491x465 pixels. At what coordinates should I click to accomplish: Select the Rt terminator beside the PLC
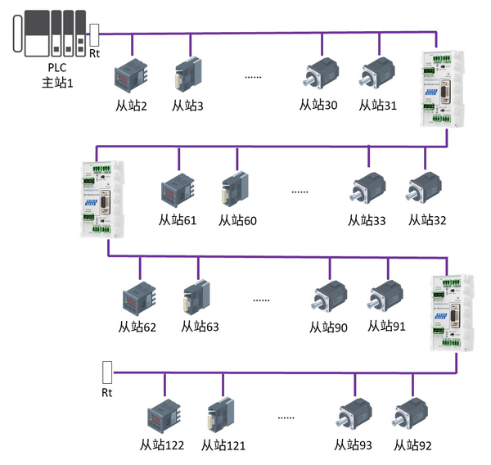[94, 34]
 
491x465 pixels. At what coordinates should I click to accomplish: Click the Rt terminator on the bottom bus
[106, 372]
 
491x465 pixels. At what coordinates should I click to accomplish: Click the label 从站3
[187, 106]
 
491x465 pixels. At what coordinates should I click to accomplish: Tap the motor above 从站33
[366, 191]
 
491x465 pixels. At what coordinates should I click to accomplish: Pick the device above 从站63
[199, 298]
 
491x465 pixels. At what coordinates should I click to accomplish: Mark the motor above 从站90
[329, 298]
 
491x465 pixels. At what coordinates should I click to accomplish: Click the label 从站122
[161, 445]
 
